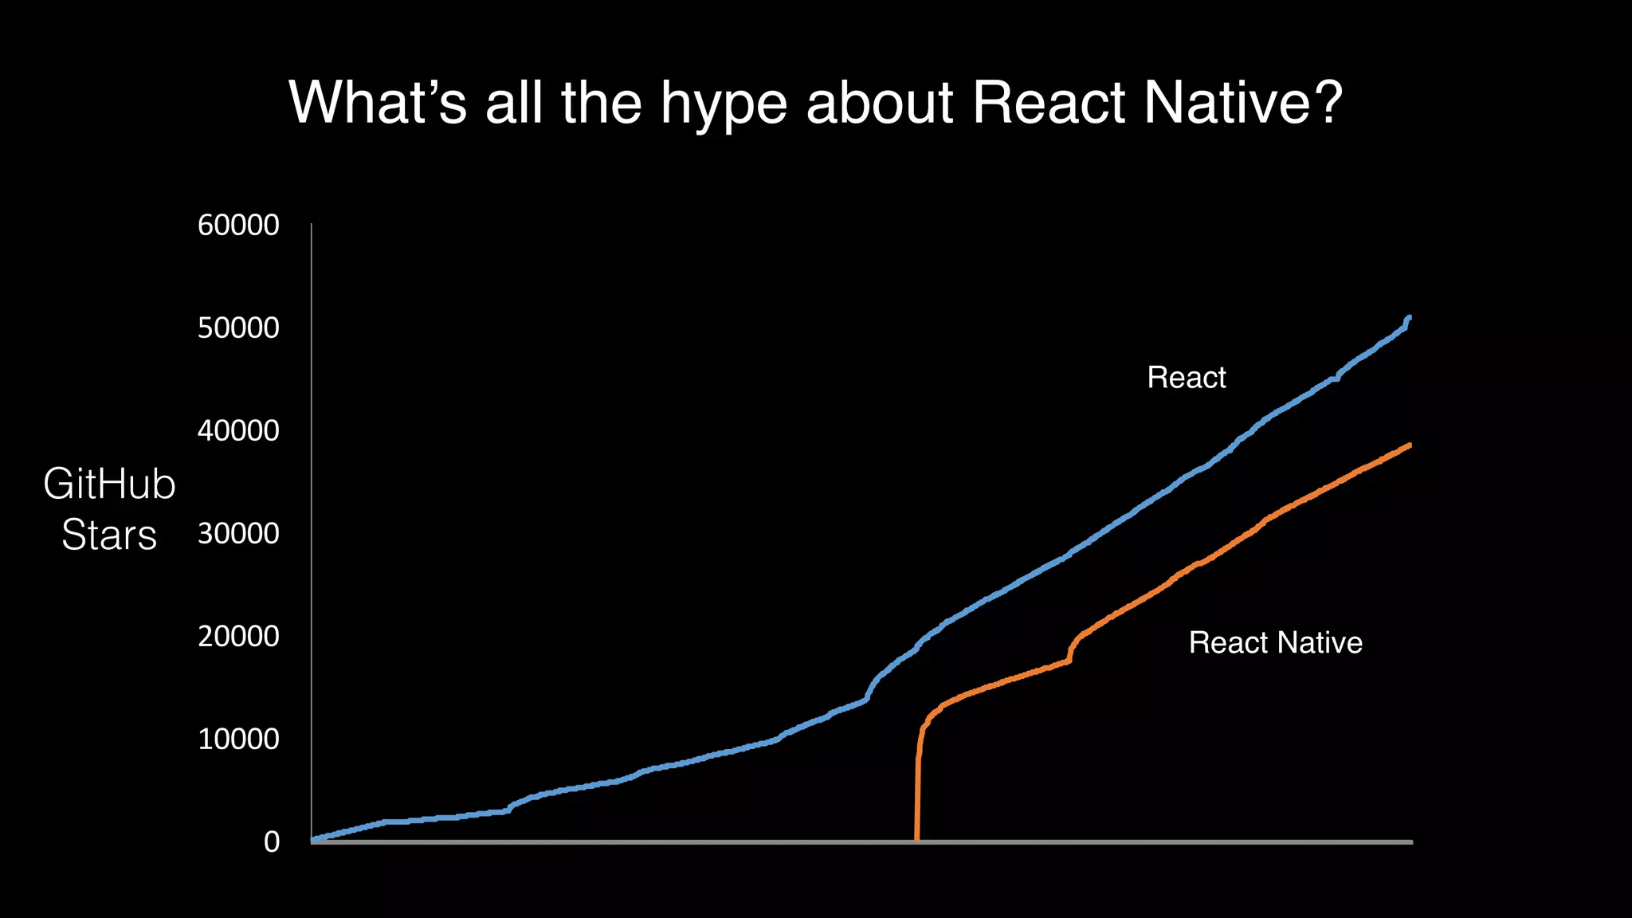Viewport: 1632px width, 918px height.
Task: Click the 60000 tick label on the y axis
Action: pyautogui.click(x=238, y=226)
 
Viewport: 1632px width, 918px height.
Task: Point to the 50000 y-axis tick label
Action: pyautogui.click(x=238, y=328)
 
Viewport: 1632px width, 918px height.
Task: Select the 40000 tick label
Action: pyautogui.click(x=238, y=431)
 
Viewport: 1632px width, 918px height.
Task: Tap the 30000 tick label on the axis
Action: pyautogui.click(x=238, y=534)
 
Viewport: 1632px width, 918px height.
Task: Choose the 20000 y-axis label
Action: pyautogui.click(x=238, y=637)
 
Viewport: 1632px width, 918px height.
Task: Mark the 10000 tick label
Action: pyautogui.click(x=238, y=739)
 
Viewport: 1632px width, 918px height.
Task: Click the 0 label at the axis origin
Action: pyautogui.click(x=272, y=842)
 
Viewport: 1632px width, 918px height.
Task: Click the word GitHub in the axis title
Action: pyautogui.click(x=109, y=484)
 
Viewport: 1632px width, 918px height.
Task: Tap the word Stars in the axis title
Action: pyautogui.click(x=109, y=535)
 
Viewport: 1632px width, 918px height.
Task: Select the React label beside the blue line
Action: pyautogui.click(x=1186, y=378)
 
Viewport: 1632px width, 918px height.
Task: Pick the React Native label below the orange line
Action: pyautogui.click(x=1275, y=643)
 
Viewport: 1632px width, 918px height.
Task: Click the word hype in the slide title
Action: pyautogui.click(x=719, y=104)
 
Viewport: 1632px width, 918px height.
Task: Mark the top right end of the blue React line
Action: pyautogui.click(x=1409, y=318)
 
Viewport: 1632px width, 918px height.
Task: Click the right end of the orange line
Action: pyautogui.click(x=1409, y=445)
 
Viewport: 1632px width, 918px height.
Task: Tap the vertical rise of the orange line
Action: pyautogui.click(x=917, y=797)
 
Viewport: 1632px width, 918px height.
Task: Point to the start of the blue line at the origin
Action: pyautogui.click(x=313, y=840)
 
